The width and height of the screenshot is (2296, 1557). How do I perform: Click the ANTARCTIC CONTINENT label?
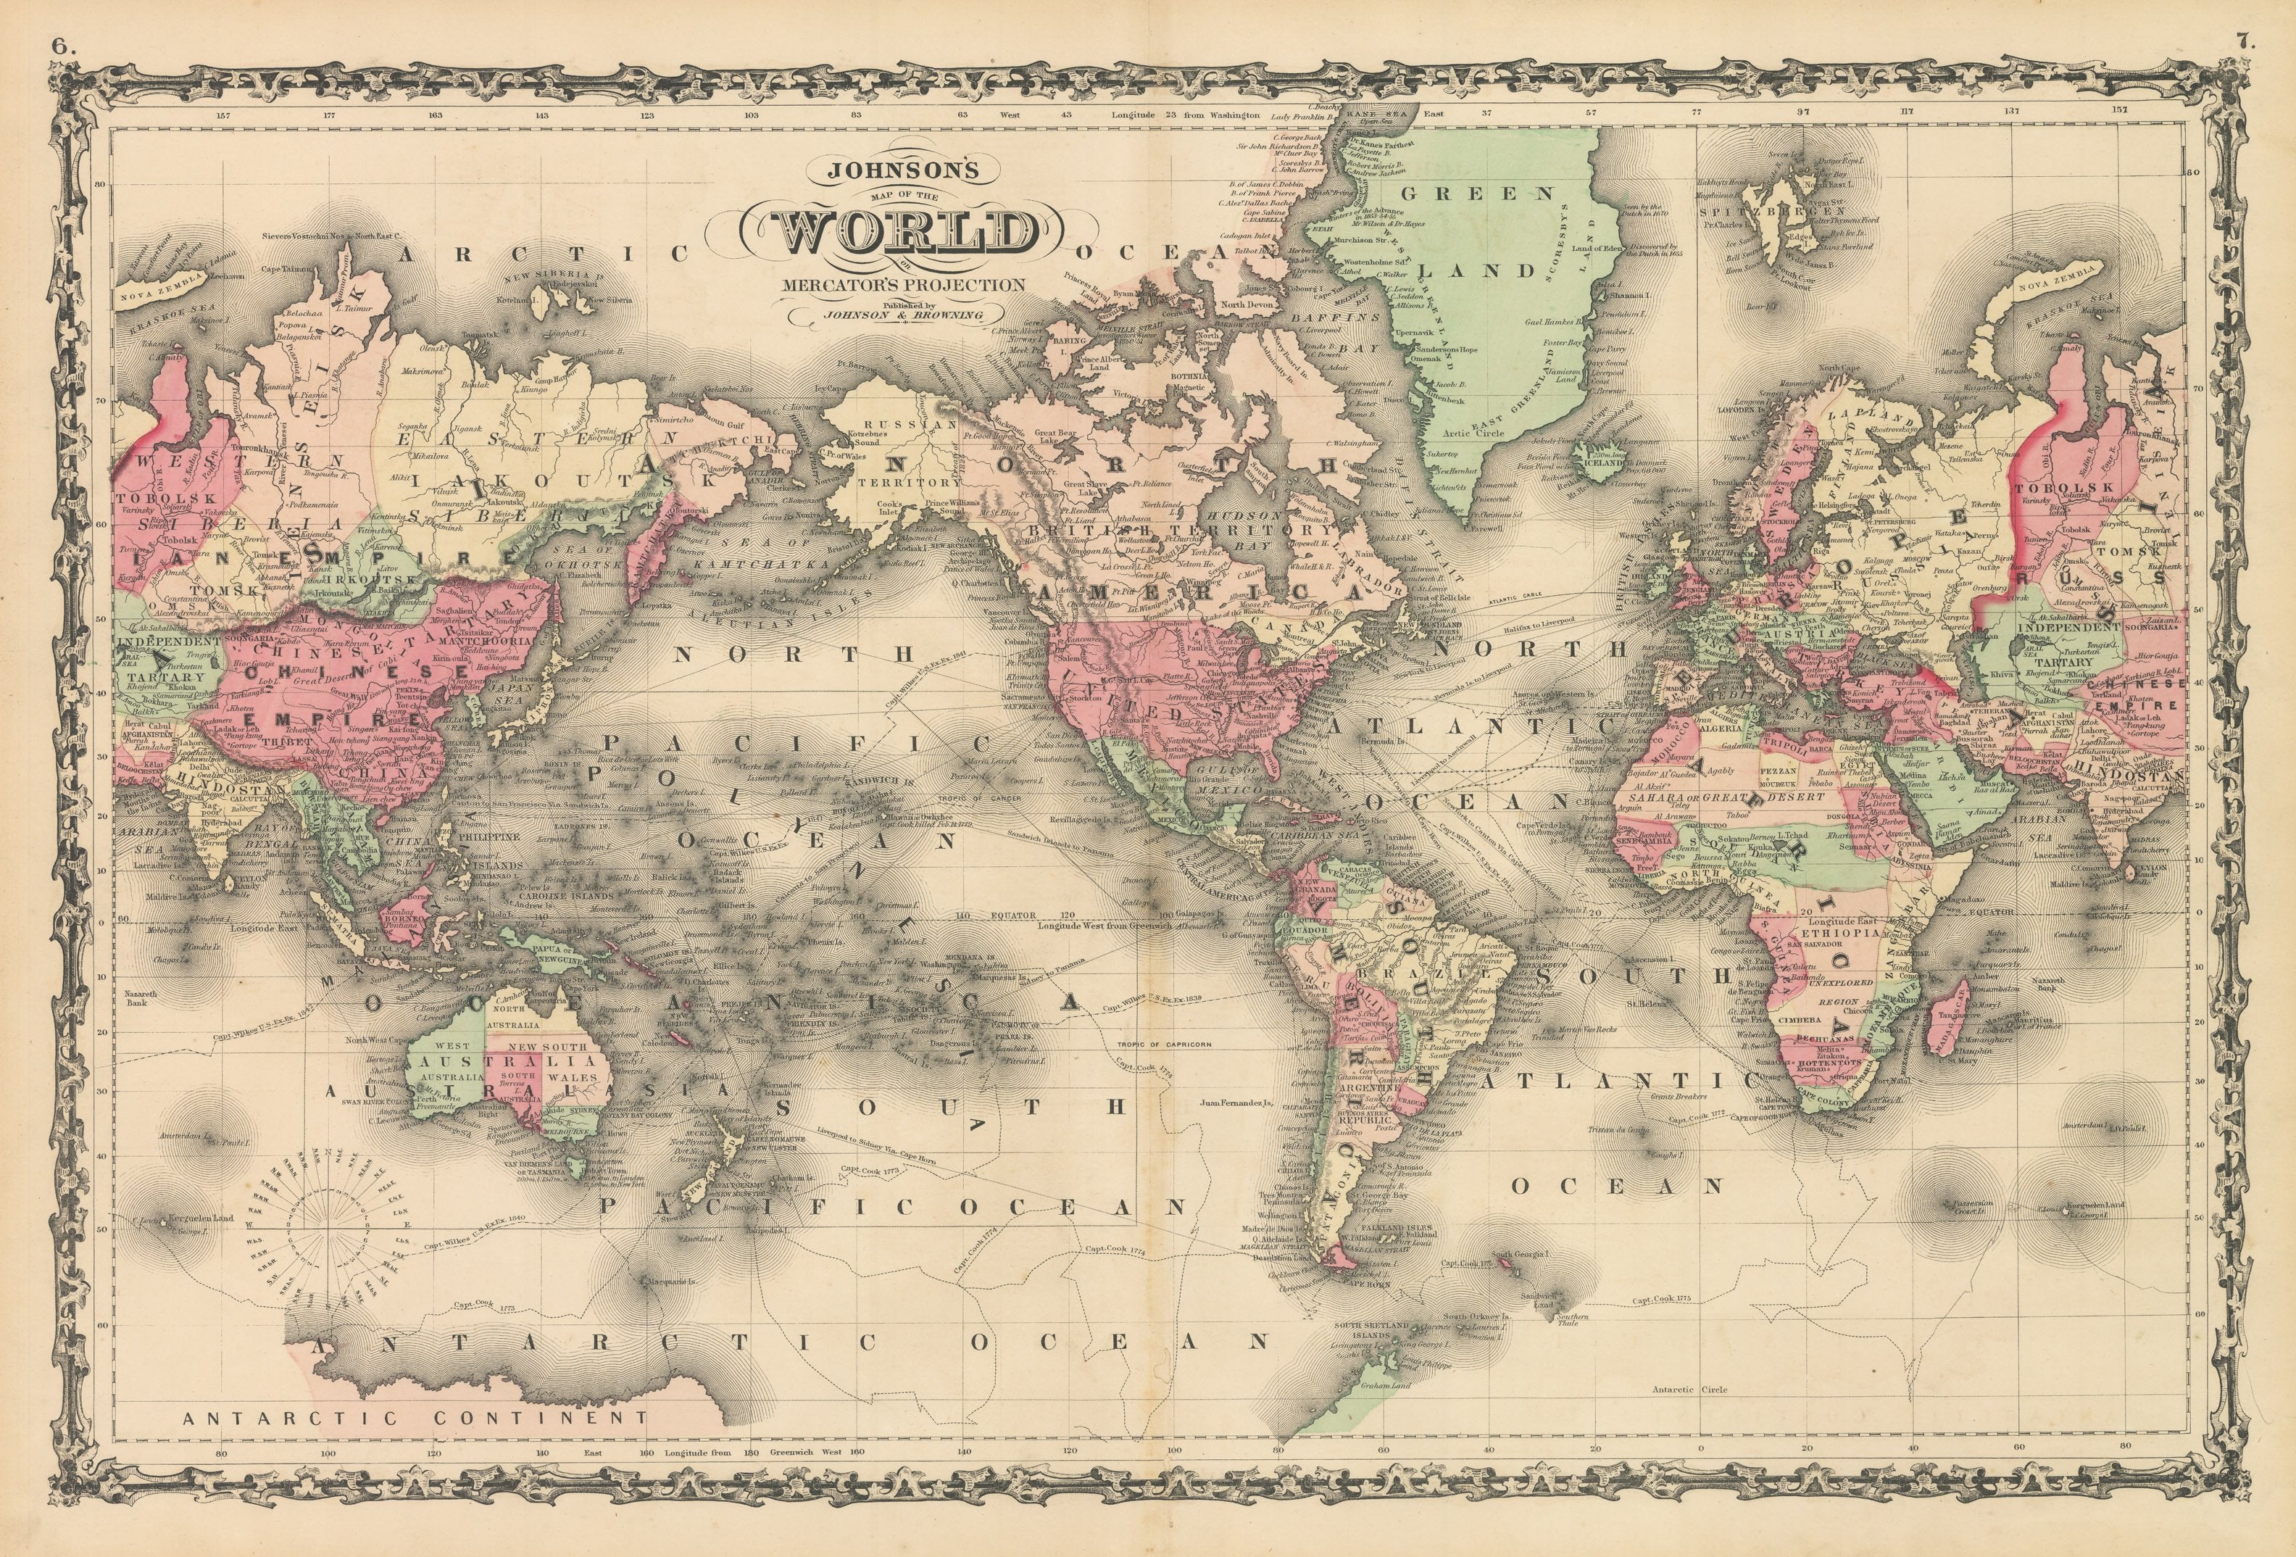(x=415, y=1418)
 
